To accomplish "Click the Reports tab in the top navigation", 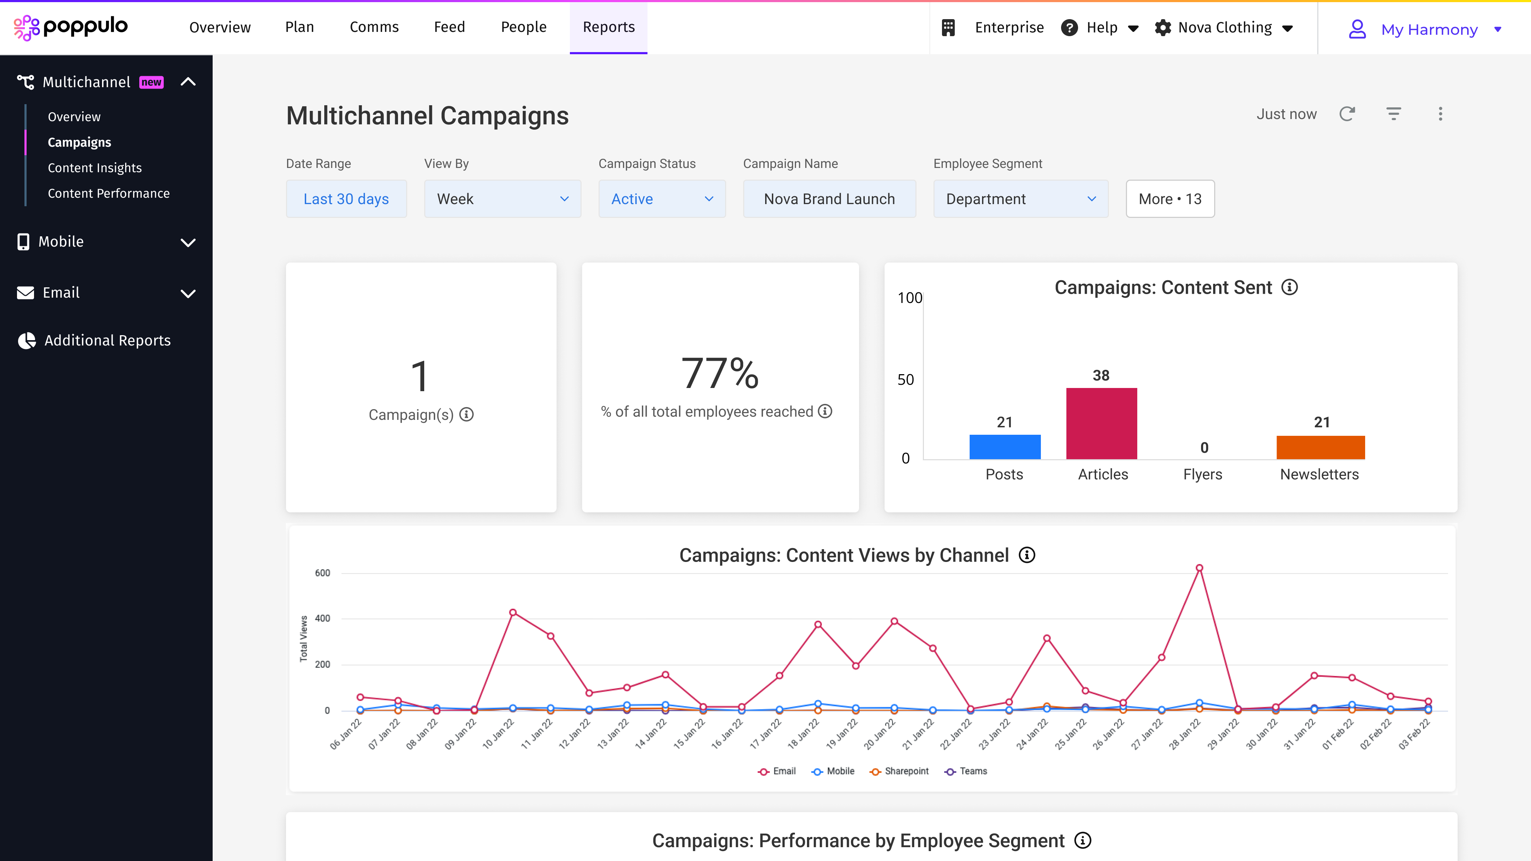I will pos(608,27).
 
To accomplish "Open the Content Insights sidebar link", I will pos(95,168).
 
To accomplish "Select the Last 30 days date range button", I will pos(346,199).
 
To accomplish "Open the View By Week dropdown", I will pos(502,199).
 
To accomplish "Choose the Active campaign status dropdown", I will pos(662,199).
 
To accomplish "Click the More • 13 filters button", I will pos(1170,199).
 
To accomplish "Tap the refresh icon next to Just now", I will pos(1347,114).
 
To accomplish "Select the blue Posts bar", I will pos(1004,447).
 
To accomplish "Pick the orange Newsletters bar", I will pos(1320,448).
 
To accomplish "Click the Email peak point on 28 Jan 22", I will pos(1199,568).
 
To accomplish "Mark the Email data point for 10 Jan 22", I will pos(513,613).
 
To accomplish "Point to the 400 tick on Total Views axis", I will pos(322,619).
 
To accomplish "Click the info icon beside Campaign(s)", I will pos(466,415).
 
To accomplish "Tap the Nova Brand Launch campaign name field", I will pos(829,199).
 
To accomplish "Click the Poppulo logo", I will pos(71,27).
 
